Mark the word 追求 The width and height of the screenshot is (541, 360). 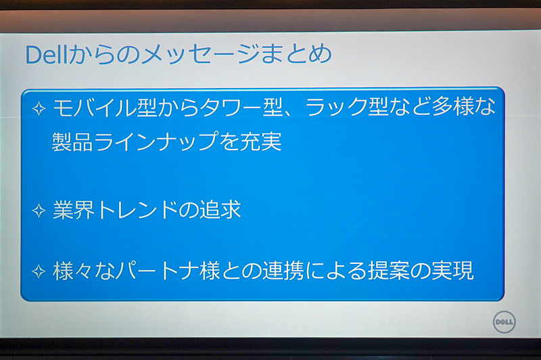[220, 210]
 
